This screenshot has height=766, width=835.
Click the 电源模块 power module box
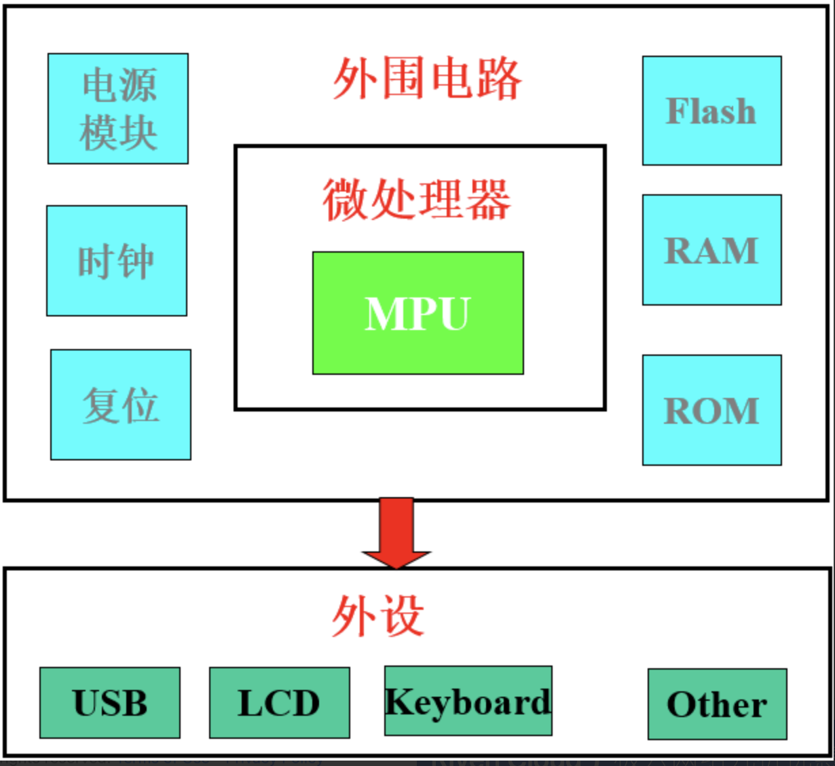(117, 109)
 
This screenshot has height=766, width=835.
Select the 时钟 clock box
(117, 261)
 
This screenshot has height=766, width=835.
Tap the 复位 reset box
(121, 405)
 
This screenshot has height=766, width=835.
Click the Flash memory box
(711, 111)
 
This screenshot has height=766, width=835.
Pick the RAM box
(711, 250)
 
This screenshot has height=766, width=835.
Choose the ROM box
(711, 410)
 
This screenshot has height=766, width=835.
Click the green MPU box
(417, 313)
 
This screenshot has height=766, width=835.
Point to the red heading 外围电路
(426, 79)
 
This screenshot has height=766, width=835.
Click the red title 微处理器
(416, 200)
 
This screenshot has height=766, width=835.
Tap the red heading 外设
(378, 616)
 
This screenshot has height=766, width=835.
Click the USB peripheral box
(110, 703)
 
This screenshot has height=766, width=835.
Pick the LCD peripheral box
(279, 703)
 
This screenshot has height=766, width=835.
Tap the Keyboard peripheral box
(468, 701)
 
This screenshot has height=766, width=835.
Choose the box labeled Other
(717, 704)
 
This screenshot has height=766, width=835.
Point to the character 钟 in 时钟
(136, 261)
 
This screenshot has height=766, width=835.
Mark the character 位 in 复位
(141, 405)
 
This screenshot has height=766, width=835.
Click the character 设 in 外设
(403, 616)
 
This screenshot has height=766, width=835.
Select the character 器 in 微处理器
(488, 200)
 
